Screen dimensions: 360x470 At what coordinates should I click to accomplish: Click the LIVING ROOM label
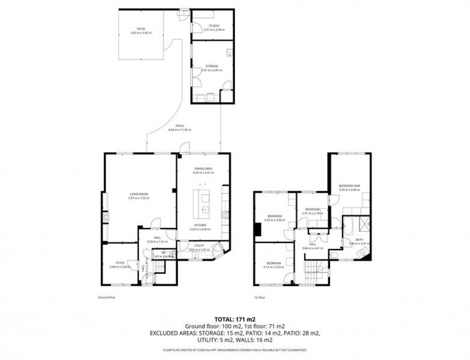139,194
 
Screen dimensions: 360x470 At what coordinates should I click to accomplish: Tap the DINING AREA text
203,169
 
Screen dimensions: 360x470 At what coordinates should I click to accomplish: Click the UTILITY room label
199,245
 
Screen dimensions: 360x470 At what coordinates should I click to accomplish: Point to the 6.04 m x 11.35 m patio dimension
180,130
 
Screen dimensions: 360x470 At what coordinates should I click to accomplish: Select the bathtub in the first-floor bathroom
348,225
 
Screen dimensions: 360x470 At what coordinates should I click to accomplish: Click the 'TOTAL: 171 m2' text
235,318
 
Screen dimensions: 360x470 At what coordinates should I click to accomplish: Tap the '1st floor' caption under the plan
259,297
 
